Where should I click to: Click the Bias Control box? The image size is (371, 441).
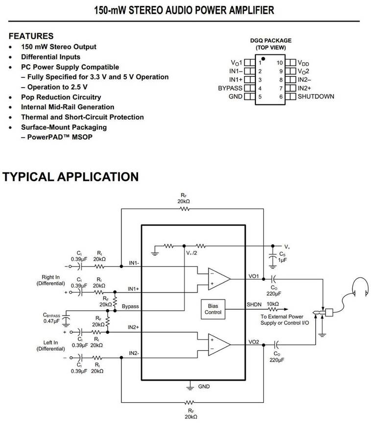pyautogui.click(x=213, y=308)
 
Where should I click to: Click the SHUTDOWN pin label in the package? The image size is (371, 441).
pyautogui.click(x=316, y=97)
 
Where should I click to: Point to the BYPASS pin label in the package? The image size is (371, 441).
pyautogui.click(x=230, y=88)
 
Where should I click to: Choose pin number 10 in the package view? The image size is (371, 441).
pyautogui.click(x=279, y=63)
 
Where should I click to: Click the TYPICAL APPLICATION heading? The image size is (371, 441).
pyautogui.click(x=70, y=176)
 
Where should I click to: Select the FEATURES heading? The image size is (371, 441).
pyautogui.click(x=31, y=36)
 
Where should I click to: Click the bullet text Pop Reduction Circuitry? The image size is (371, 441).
pyautogui.click(x=61, y=97)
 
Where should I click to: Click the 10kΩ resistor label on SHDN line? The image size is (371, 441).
pyautogui.click(x=273, y=304)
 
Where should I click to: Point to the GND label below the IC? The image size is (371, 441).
pyautogui.click(x=204, y=387)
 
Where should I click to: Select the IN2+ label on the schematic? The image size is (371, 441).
pyautogui.click(x=134, y=327)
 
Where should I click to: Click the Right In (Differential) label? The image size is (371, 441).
pyautogui.click(x=51, y=280)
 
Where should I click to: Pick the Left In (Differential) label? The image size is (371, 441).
pyautogui.click(x=51, y=345)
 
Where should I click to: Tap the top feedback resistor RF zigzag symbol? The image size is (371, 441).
pyautogui.click(x=185, y=208)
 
